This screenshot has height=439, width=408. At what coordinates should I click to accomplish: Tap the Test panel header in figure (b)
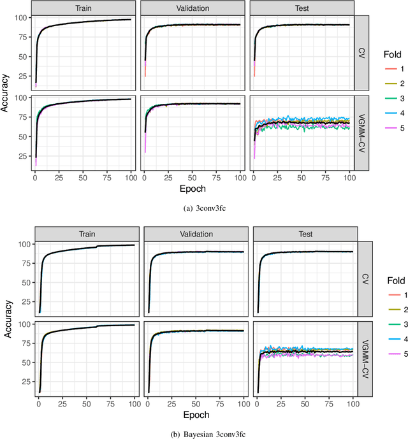[x=305, y=234]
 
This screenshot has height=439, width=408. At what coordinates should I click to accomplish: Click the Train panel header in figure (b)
[x=86, y=234]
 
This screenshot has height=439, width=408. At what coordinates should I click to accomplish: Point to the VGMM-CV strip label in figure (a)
[x=362, y=133]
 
